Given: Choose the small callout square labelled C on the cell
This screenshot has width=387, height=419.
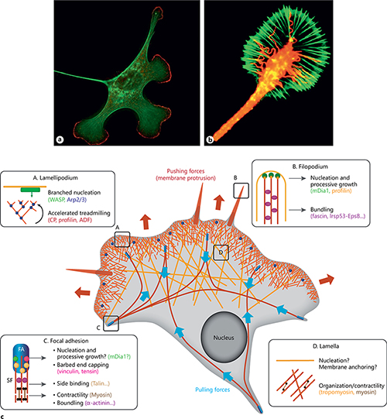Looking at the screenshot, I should click(x=109, y=322).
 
